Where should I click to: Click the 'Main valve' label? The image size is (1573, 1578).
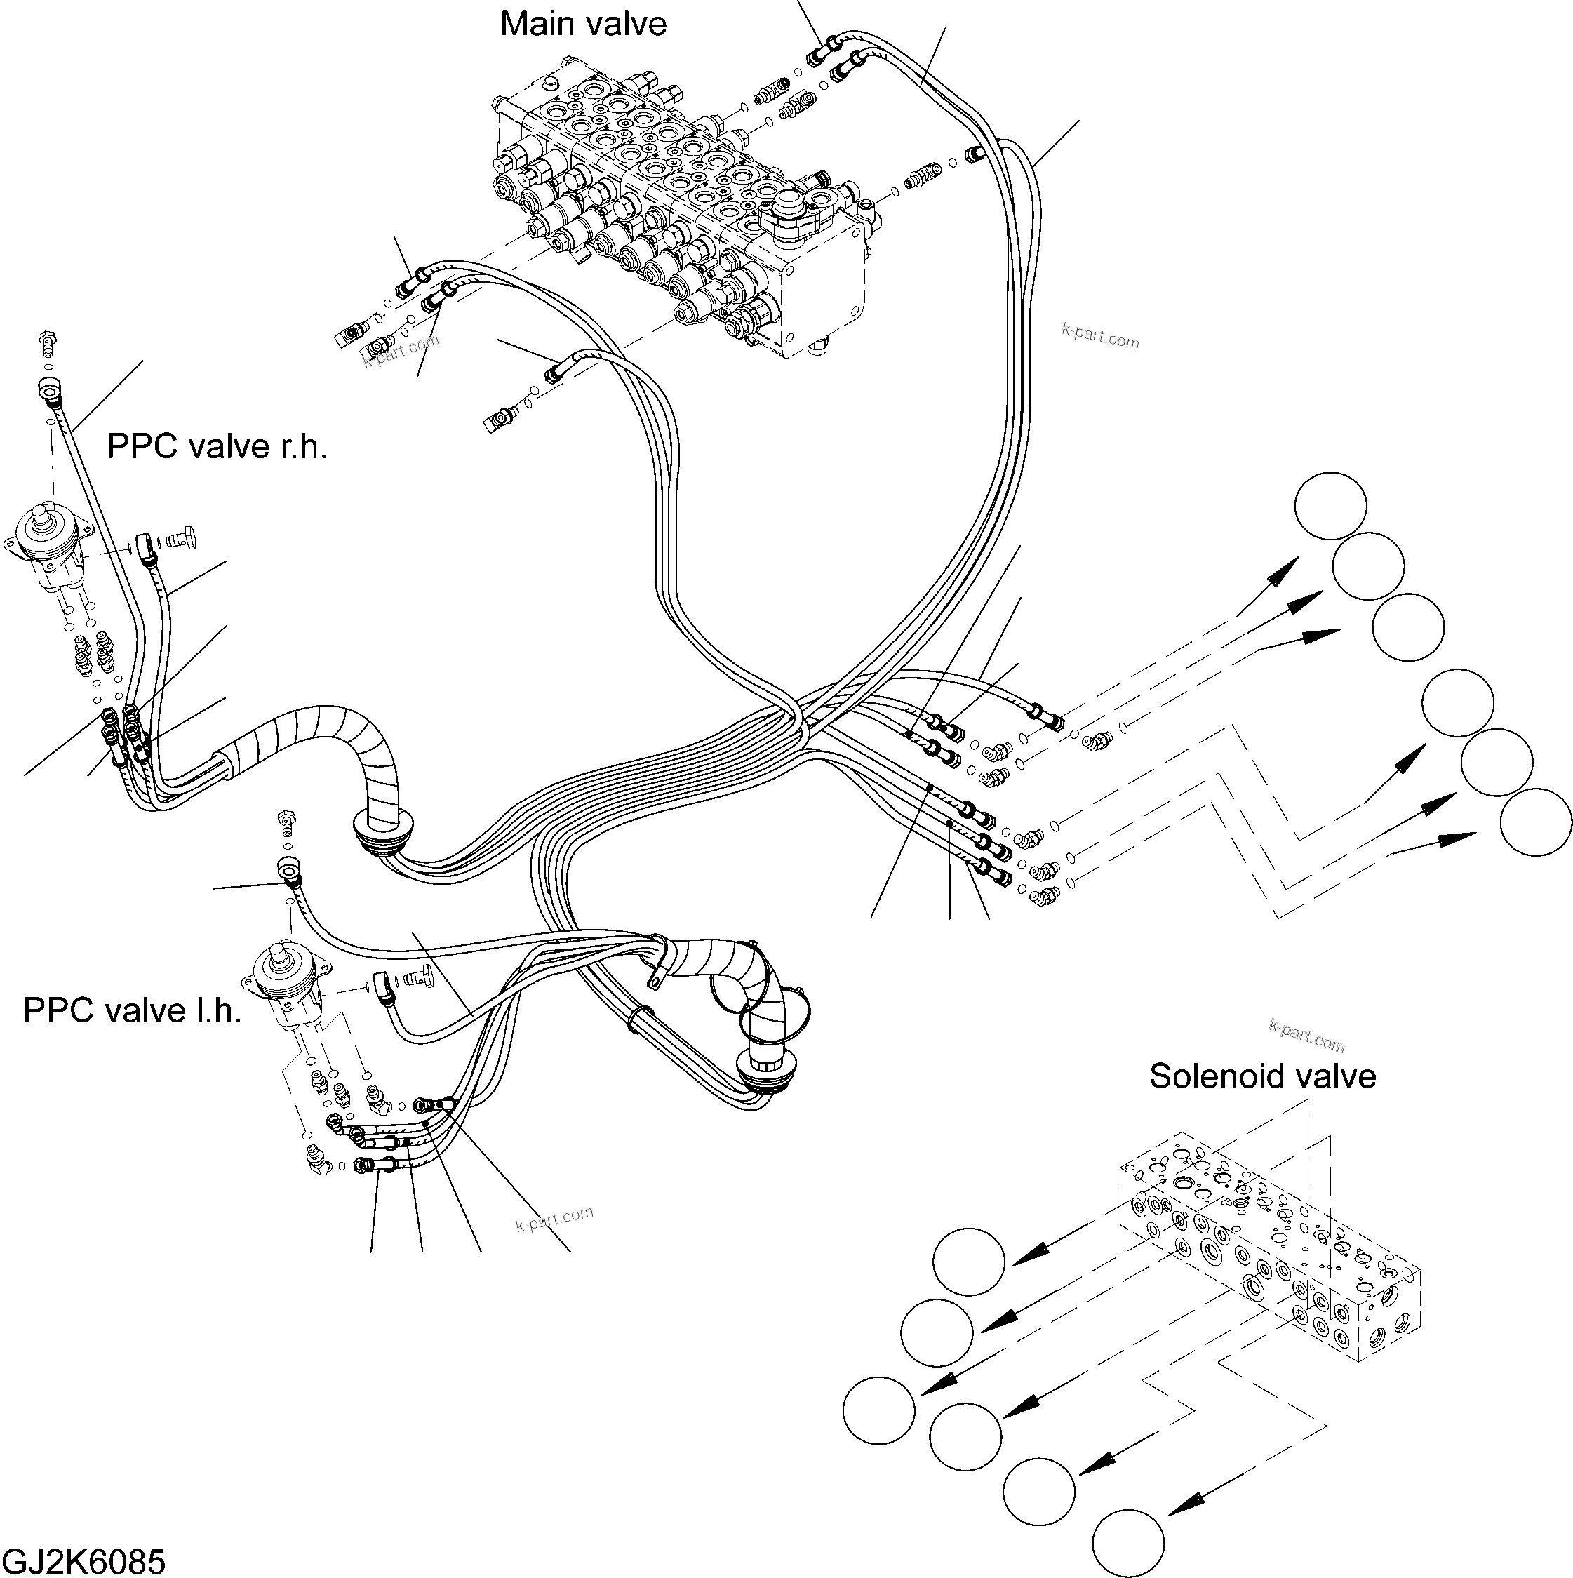click(x=582, y=25)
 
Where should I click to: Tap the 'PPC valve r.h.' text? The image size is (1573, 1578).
click(x=217, y=448)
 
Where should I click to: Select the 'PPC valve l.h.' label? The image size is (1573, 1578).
click(x=133, y=1011)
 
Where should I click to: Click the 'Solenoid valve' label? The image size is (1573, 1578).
click(x=1261, y=1076)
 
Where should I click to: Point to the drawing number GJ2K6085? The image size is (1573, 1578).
click(x=84, y=1561)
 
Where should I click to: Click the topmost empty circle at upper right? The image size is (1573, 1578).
click(x=1330, y=506)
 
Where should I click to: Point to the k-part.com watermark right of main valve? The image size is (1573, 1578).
click(x=1100, y=335)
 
